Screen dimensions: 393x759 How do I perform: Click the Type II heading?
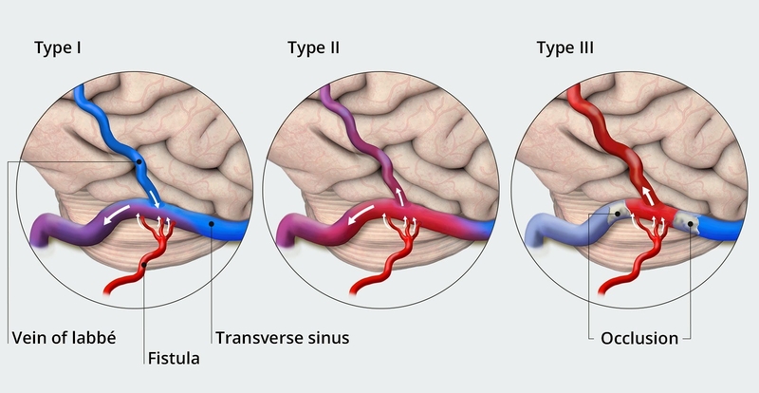tap(314, 48)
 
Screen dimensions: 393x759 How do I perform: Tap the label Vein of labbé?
tap(64, 336)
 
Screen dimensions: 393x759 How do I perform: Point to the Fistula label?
tap(174, 358)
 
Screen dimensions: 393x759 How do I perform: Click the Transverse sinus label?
tap(271, 336)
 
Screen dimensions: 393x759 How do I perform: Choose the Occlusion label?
tap(639, 337)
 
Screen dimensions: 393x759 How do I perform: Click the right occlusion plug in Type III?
tap(691, 224)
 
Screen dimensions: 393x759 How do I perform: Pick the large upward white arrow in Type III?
tap(650, 194)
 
